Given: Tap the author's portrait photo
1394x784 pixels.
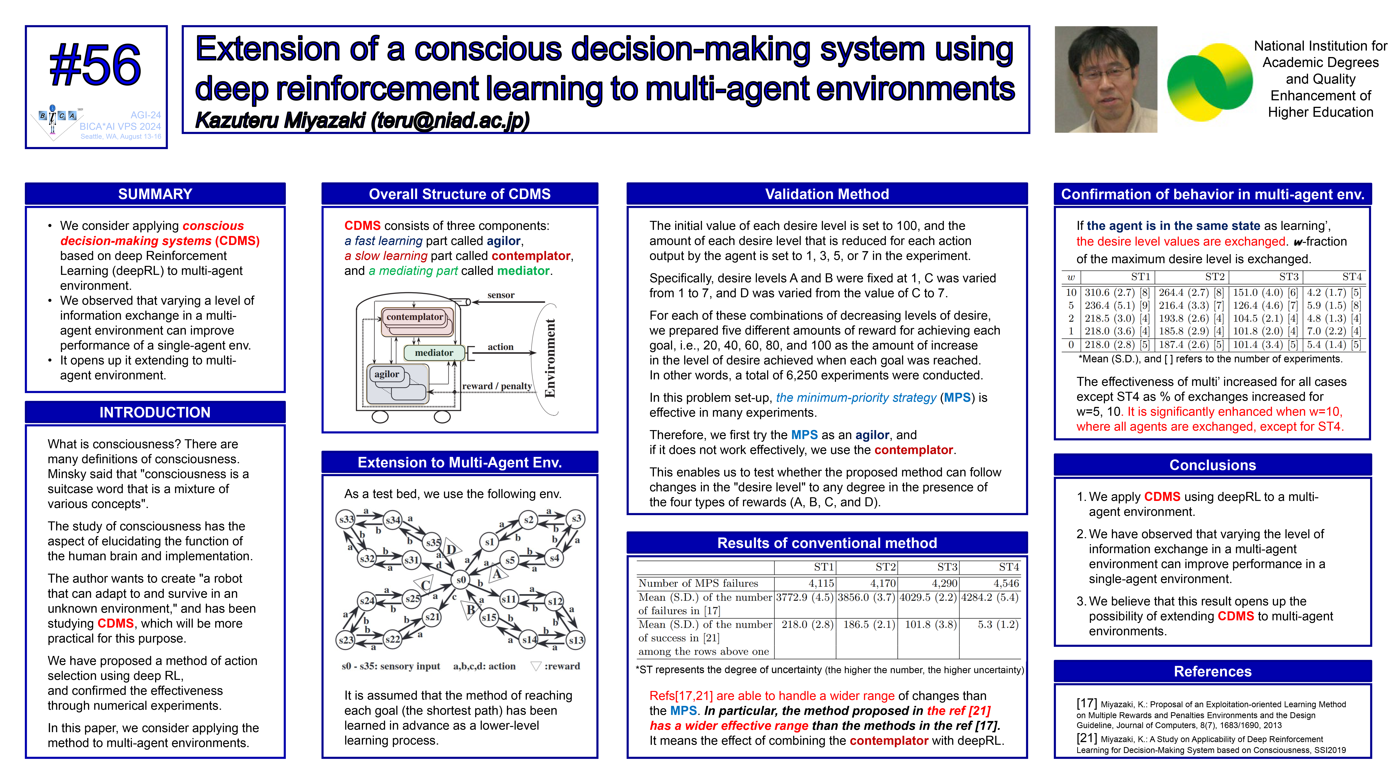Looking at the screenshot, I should click(x=1106, y=80).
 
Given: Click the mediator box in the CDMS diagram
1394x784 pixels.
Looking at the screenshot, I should click(x=434, y=353).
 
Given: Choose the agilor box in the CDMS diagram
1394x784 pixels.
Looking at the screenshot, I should click(x=387, y=374).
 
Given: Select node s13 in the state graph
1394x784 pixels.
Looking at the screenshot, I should click(x=576, y=640).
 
